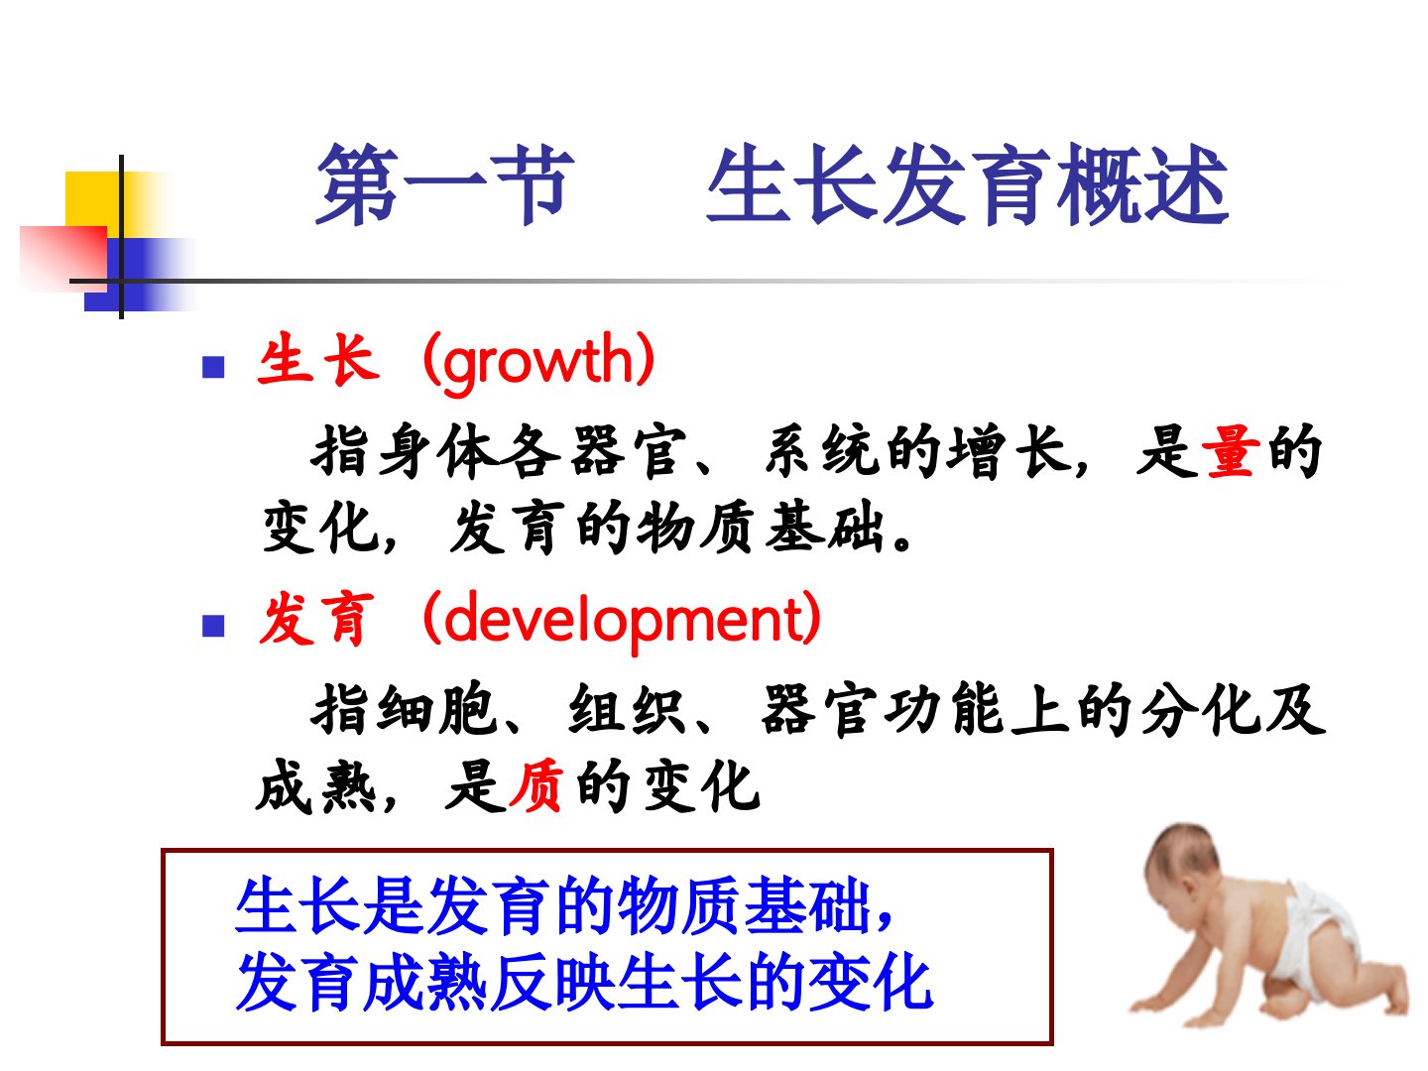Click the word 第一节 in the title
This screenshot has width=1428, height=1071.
click(445, 184)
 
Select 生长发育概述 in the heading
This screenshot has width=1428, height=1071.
click(968, 184)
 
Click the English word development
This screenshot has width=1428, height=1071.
click(622, 621)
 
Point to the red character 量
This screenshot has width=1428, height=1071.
click(1230, 451)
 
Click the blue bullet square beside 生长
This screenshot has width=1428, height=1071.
click(213, 367)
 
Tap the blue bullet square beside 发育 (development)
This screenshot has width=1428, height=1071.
click(213, 626)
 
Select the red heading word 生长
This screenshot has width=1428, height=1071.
click(318, 360)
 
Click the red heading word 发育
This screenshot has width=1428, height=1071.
click(317, 619)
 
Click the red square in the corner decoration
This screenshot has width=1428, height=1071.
click(63, 256)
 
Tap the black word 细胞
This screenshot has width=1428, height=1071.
click(437, 709)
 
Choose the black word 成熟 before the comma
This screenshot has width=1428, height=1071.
click(316, 785)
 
